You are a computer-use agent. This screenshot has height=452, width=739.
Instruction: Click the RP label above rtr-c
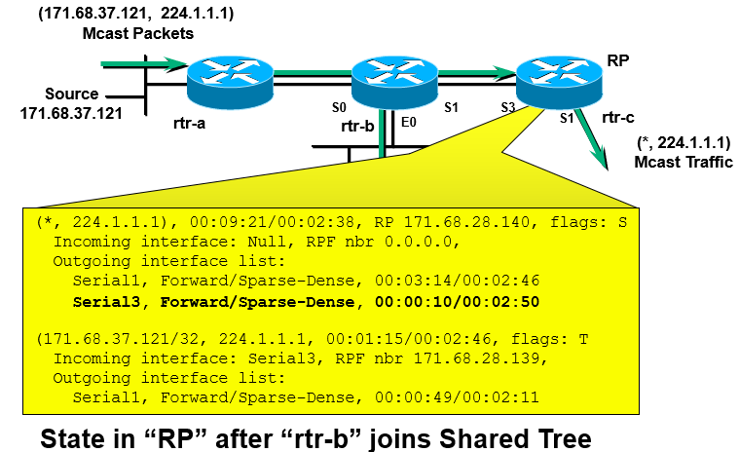click(618, 60)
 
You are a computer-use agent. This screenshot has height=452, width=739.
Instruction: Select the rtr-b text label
click(358, 126)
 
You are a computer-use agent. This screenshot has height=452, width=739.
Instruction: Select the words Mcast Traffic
click(683, 163)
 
